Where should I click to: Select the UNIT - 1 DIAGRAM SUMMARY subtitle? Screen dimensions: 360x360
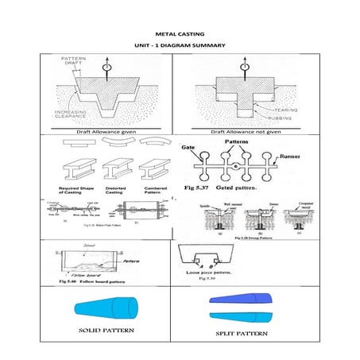point(180,45)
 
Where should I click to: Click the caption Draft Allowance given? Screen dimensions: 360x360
point(106,130)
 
